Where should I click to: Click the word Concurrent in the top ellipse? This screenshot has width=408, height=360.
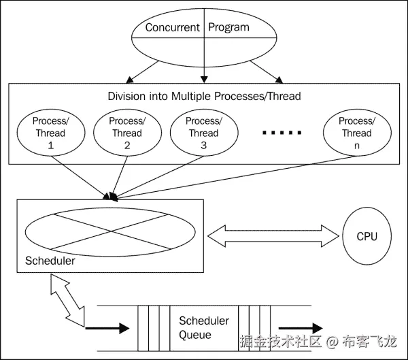click(173, 28)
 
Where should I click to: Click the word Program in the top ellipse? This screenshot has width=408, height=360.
click(228, 28)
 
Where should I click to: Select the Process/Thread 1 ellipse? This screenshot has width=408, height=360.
click(50, 132)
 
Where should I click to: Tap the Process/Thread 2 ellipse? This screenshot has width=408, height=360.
click(127, 132)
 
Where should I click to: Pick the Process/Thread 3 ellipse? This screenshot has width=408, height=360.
click(203, 132)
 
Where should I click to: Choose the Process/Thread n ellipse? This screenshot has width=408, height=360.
click(357, 132)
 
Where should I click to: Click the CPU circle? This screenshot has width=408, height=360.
click(367, 237)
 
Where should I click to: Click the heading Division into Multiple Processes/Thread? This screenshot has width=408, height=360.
click(204, 96)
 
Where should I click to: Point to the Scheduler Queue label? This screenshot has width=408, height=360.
click(204, 327)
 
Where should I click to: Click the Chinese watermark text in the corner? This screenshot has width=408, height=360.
click(318, 341)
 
